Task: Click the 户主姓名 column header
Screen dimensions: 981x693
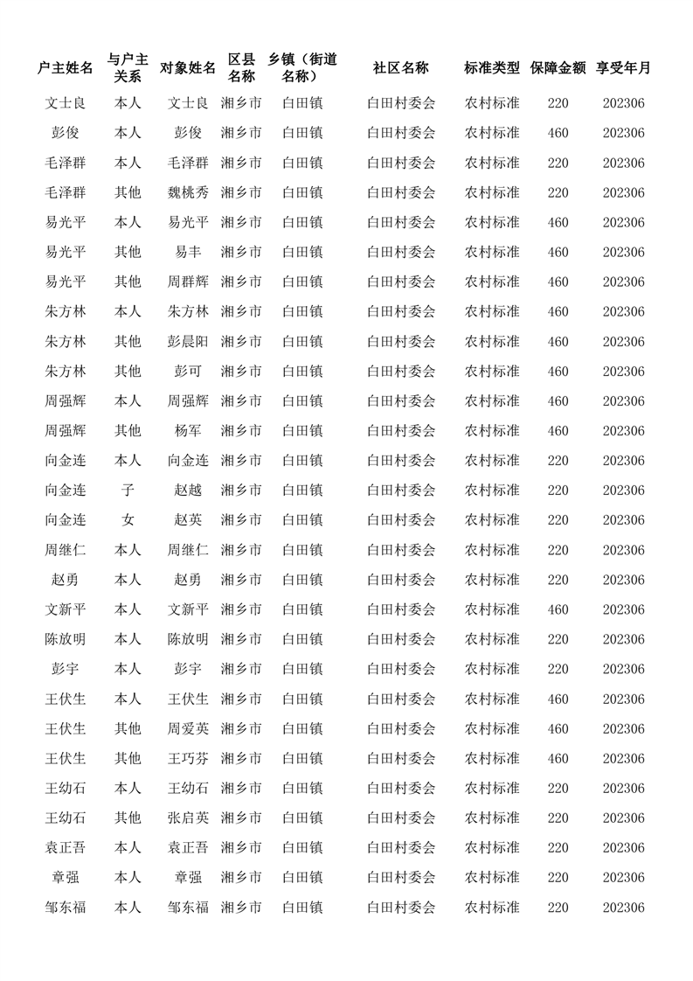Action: (66, 68)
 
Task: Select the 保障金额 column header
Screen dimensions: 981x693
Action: (558, 68)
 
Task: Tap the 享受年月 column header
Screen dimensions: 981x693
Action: (623, 68)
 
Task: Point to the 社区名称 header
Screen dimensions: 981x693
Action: (401, 68)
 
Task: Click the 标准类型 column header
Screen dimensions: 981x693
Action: (492, 68)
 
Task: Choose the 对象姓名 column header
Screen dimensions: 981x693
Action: (188, 68)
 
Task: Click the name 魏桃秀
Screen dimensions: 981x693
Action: (188, 192)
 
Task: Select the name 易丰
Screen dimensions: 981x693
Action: (188, 252)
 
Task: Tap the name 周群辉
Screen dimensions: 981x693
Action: (188, 282)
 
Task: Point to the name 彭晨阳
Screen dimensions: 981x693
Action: (188, 341)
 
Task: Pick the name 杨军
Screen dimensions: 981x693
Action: (188, 430)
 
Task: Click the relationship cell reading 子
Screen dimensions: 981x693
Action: (128, 490)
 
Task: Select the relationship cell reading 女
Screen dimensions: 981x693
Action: (128, 519)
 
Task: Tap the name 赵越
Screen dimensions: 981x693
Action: (188, 490)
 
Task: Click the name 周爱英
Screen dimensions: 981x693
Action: (188, 728)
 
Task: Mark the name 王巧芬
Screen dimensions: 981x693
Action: (188, 758)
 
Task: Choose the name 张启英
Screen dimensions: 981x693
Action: (188, 817)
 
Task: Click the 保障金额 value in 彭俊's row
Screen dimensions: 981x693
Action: (558, 133)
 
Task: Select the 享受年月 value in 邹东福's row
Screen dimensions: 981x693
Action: (623, 908)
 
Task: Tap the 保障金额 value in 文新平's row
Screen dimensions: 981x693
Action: (558, 609)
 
